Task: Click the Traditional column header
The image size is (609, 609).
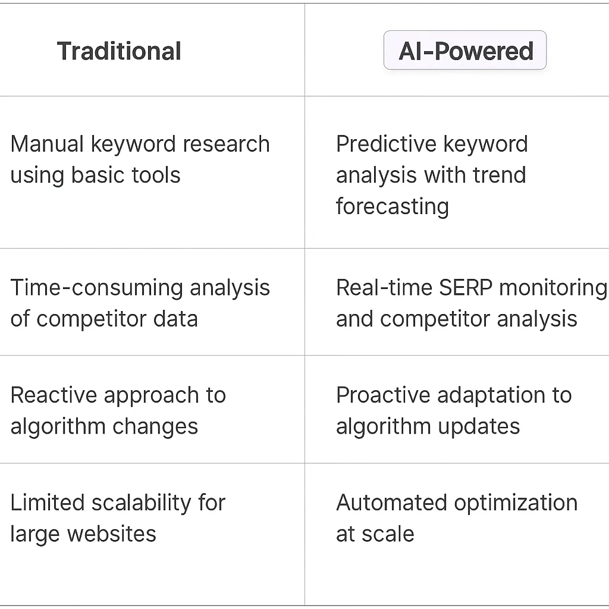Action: (x=119, y=51)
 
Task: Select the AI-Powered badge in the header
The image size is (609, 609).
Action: (x=465, y=51)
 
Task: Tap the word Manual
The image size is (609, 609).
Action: (x=48, y=144)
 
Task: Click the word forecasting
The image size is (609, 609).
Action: (x=392, y=206)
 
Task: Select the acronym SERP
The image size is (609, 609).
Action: (x=457, y=288)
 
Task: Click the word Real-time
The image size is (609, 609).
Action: (x=384, y=288)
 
